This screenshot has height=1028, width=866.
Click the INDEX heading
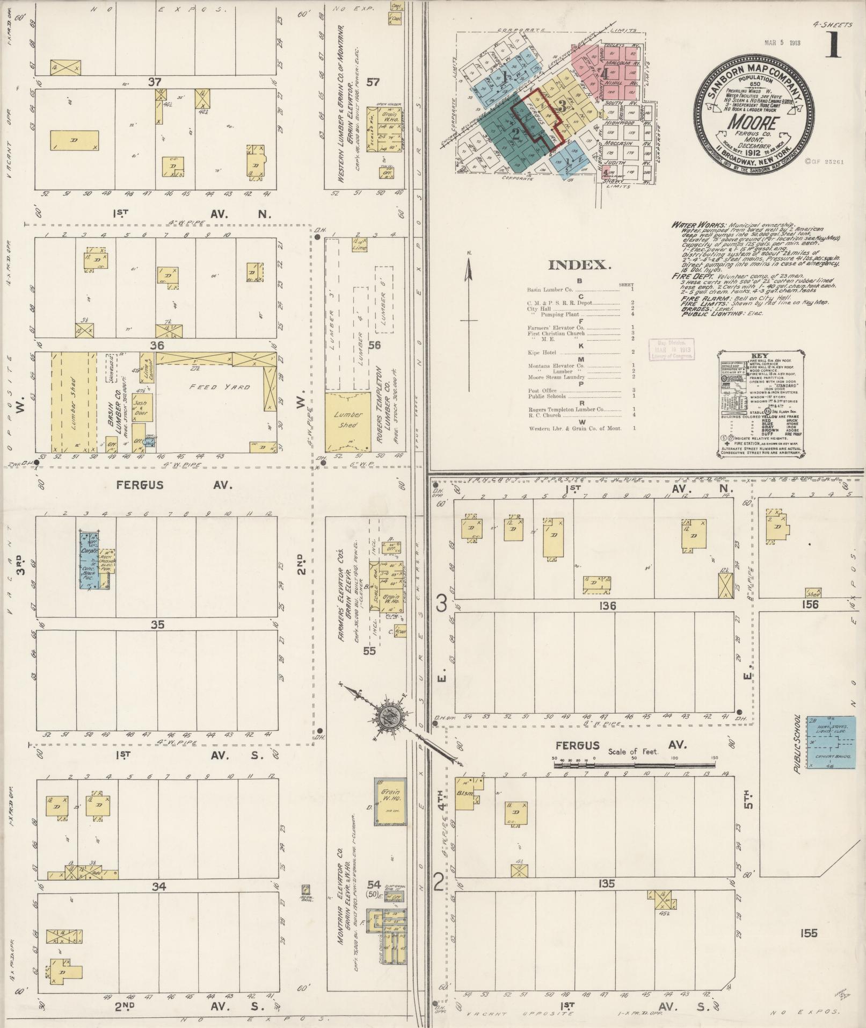click(x=579, y=265)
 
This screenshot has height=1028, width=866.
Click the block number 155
click(x=808, y=933)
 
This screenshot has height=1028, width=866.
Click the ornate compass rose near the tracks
click(x=388, y=717)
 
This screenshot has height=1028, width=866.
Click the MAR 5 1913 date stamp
click(x=782, y=43)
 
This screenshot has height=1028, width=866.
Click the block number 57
click(x=373, y=82)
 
